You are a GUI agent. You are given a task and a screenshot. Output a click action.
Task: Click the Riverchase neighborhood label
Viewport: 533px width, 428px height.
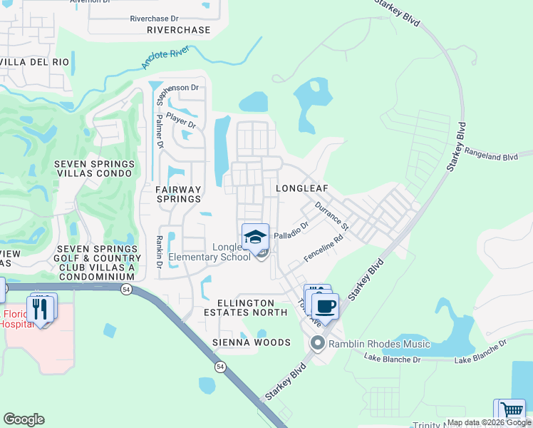click(x=178, y=30)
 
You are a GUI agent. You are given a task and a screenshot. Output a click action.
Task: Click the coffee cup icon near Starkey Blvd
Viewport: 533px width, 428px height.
click(x=325, y=306)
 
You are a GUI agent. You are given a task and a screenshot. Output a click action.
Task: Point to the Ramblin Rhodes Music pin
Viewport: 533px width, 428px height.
click(x=317, y=345)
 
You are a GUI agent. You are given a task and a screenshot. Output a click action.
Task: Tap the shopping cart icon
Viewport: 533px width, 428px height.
click(x=512, y=412)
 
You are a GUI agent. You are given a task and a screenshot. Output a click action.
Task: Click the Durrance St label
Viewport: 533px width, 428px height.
click(x=332, y=215)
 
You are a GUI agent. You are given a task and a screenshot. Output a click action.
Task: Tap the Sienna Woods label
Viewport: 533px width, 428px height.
click(x=252, y=342)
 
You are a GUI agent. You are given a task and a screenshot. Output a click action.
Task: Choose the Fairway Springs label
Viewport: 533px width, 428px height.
click(x=178, y=194)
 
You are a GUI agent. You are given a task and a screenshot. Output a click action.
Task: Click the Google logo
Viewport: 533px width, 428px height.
click(x=24, y=419)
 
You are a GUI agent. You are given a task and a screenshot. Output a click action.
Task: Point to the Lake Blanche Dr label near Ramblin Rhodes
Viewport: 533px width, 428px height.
click(x=391, y=359)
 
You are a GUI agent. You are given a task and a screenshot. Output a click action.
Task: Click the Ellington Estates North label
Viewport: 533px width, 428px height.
click(x=245, y=307)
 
